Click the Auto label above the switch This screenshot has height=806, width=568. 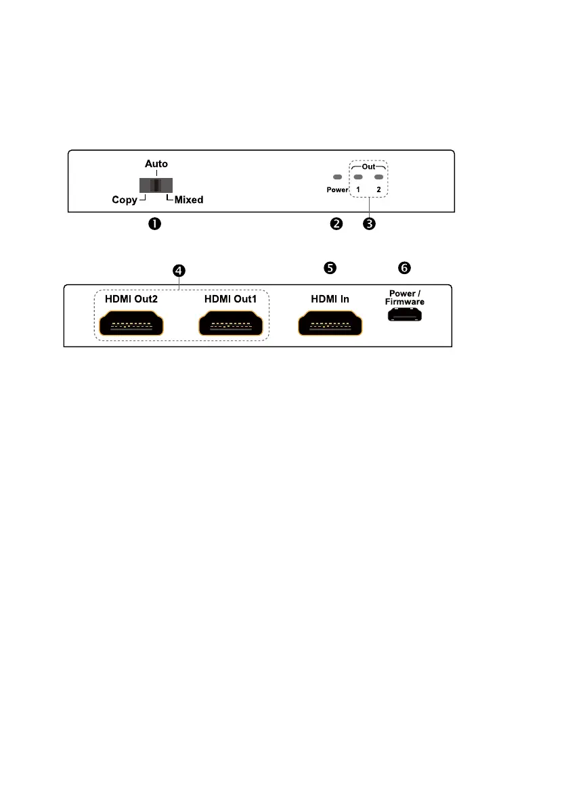tap(156, 164)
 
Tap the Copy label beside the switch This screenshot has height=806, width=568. tap(125, 200)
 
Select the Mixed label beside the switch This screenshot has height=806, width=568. tap(189, 200)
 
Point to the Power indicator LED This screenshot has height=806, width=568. tap(337, 177)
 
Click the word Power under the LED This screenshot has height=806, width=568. tap(337, 190)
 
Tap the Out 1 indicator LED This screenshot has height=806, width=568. tap(358, 177)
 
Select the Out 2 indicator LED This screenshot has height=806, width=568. tap(378, 177)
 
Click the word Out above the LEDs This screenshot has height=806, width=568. tap(368, 165)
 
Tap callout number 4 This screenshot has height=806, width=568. tap(178, 270)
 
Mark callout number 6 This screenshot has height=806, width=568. tap(404, 268)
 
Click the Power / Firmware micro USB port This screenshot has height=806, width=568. tap(405, 315)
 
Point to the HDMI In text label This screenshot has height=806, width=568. tap(330, 298)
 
